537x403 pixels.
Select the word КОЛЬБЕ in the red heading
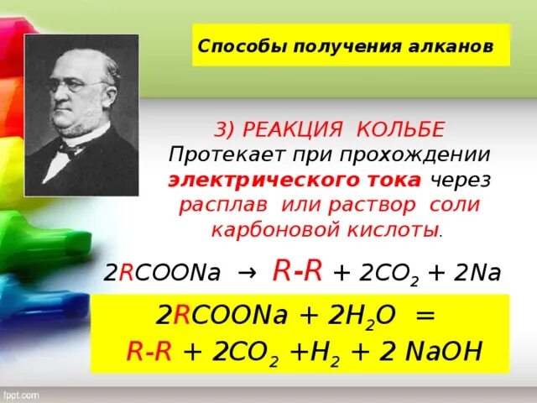click(399, 130)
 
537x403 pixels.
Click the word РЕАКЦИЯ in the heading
click(295, 130)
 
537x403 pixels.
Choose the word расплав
click(213, 205)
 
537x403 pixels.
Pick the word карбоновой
click(262, 229)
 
